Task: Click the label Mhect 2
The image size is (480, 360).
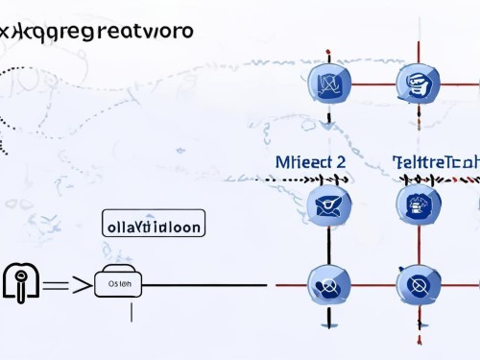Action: (x=309, y=162)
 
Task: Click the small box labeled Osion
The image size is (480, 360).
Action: (x=118, y=284)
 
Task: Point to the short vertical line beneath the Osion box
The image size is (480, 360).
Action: (x=131, y=309)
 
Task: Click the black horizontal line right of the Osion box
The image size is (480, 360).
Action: (x=206, y=285)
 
